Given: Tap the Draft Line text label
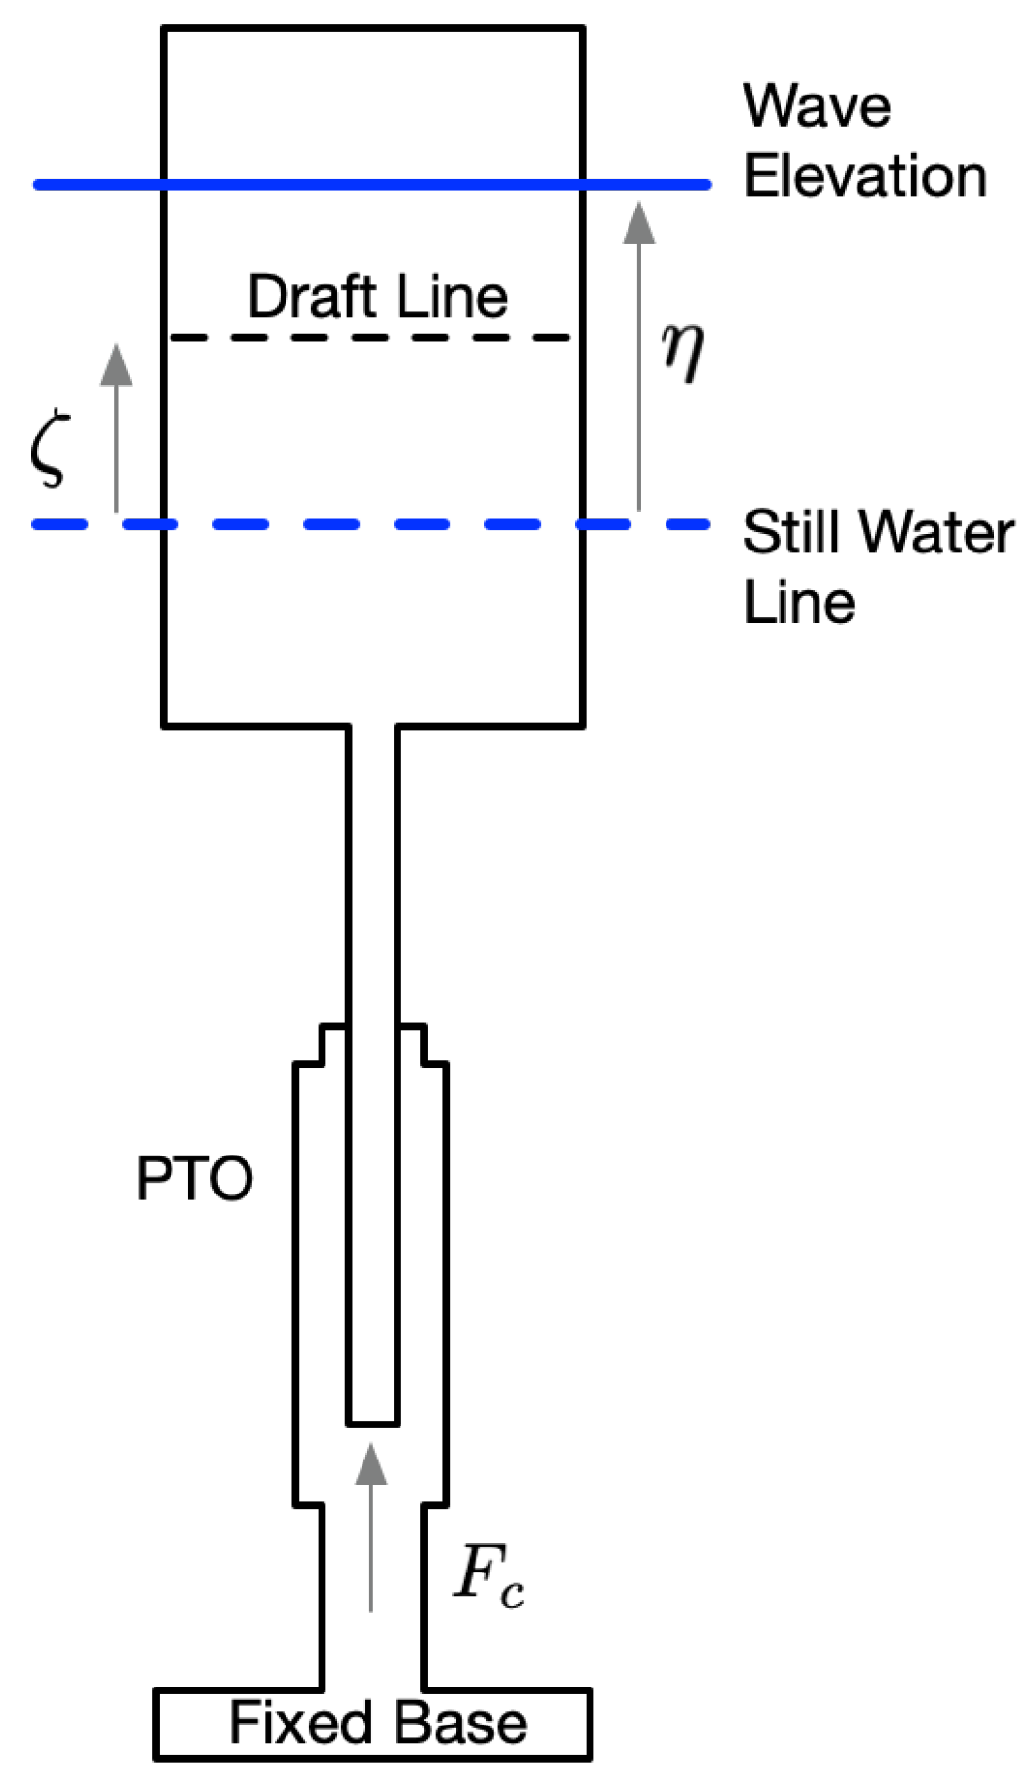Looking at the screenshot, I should point(377,296).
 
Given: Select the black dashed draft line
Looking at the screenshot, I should point(370,338).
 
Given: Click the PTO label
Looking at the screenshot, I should point(194,1179).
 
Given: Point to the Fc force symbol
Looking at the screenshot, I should point(489,1575).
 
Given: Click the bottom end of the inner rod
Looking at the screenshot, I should point(372,1422).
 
